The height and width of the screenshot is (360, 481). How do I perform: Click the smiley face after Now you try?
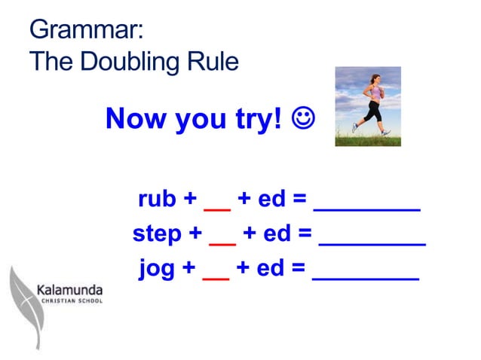pyautogui.click(x=305, y=119)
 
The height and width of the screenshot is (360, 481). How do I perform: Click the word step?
pyautogui.click(x=158, y=234)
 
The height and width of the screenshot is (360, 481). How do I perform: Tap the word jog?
pyautogui.click(x=156, y=269)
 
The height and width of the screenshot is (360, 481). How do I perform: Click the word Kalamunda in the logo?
pyautogui.click(x=70, y=289)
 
